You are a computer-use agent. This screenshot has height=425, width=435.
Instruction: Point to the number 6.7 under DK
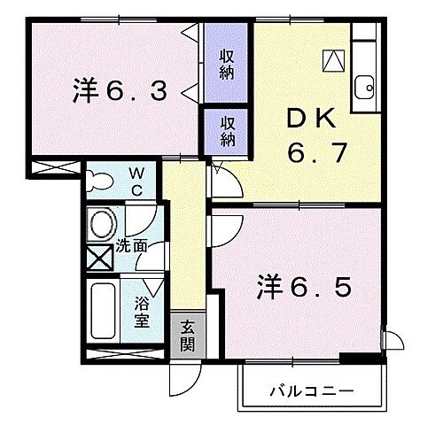tap(305, 155)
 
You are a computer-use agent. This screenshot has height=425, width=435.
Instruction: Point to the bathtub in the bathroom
tap(103, 314)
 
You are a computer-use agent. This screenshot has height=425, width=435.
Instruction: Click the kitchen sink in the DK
tap(363, 89)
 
